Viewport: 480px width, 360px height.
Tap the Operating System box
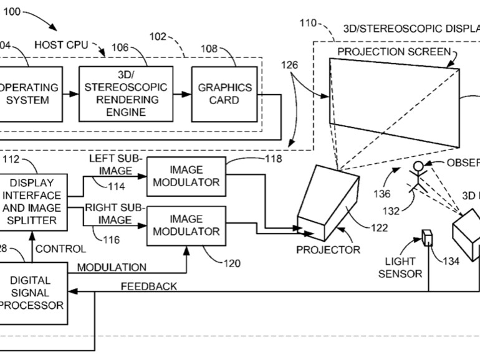(x=31, y=94)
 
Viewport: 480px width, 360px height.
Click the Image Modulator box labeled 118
(x=186, y=176)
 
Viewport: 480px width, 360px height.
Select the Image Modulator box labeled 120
(x=186, y=225)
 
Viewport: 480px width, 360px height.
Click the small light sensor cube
(x=428, y=238)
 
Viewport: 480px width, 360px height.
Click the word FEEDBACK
(x=148, y=287)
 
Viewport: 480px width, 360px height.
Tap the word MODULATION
(x=112, y=267)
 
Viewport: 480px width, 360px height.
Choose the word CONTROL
(x=60, y=249)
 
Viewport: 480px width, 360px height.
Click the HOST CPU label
(x=61, y=45)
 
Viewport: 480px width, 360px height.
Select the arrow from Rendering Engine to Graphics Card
(x=180, y=94)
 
